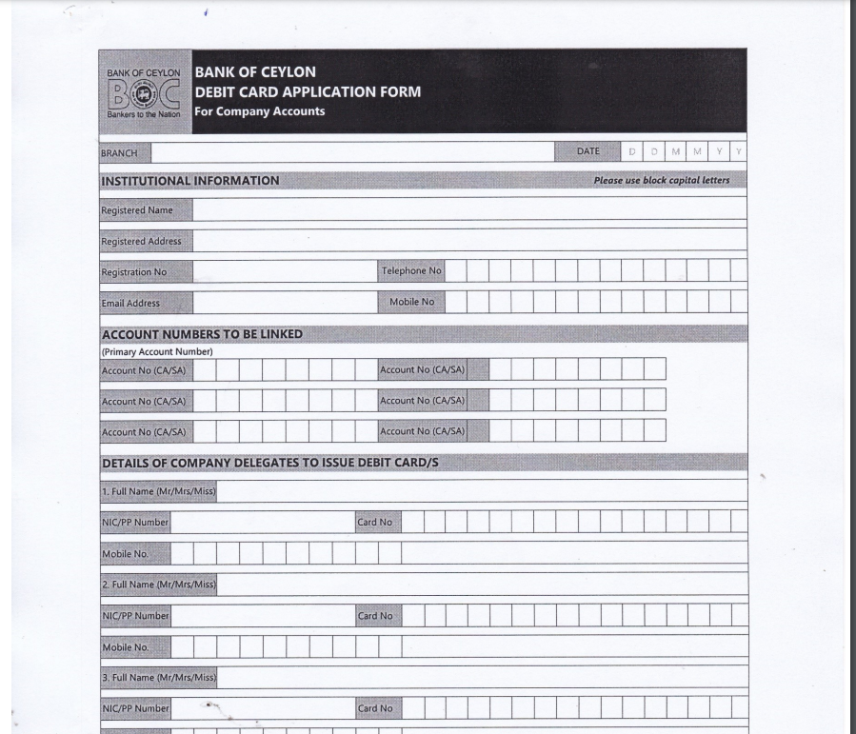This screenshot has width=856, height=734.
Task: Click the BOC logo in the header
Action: click(x=144, y=93)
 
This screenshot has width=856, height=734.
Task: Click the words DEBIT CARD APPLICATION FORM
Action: click(x=308, y=92)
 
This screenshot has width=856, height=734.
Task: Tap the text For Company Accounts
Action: click(x=260, y=111)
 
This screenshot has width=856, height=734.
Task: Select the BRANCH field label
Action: click(x=119, y=153)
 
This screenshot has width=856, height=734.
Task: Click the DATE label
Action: click(x=588, y=151)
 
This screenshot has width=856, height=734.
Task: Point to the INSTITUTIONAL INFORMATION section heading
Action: click(x=190, y=181)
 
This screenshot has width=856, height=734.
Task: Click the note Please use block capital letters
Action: click(x=662, y=181)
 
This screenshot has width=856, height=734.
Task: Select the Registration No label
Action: click(x=134, y=272)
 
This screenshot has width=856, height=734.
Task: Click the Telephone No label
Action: click(x=411, y=271)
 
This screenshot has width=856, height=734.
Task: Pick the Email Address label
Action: click(x=130, y=304)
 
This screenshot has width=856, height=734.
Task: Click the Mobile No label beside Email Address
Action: click(x=411, y=302)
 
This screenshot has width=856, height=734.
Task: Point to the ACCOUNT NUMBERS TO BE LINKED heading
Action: click(x=202, y=334)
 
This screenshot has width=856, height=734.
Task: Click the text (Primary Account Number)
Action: click(x=157, y=351)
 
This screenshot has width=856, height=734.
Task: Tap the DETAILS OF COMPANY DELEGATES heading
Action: click(x=269, y=464)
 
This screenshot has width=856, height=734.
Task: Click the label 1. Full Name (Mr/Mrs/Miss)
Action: click(x=159, y=492)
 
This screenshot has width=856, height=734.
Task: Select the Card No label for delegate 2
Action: click(x=375, y=616)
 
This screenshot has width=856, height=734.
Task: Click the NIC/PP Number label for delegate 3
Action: click(x=135, y=708)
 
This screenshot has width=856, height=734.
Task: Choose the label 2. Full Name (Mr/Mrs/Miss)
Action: click(x=159, y=585)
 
